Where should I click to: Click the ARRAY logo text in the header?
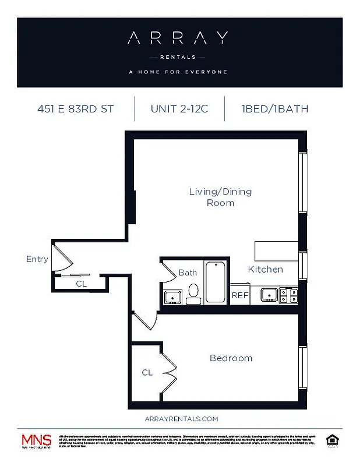coord(178,38)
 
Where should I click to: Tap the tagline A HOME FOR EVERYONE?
coord(178,72)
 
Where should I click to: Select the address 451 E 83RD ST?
coord(75,108)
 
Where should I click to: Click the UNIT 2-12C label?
coord(179,108)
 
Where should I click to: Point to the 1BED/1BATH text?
coord(274,108)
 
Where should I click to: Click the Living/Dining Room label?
coord(220,197)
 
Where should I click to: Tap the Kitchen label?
coord(266,269)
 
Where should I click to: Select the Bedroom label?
coord(231,358)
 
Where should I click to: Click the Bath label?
coord(188,272)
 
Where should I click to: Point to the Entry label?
coord(37,259)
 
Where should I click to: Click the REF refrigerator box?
coord(240,295)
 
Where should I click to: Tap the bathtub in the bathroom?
coord(215,282)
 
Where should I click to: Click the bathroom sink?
coord(172,296)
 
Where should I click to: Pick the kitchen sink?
coord(269,295)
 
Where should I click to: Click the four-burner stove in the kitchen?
coord(289,295)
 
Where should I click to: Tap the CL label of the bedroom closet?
coord(147,372)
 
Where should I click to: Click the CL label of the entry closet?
coord(82,284)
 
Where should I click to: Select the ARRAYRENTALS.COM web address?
coord(181,418)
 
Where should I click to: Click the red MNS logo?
coord(36,440)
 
